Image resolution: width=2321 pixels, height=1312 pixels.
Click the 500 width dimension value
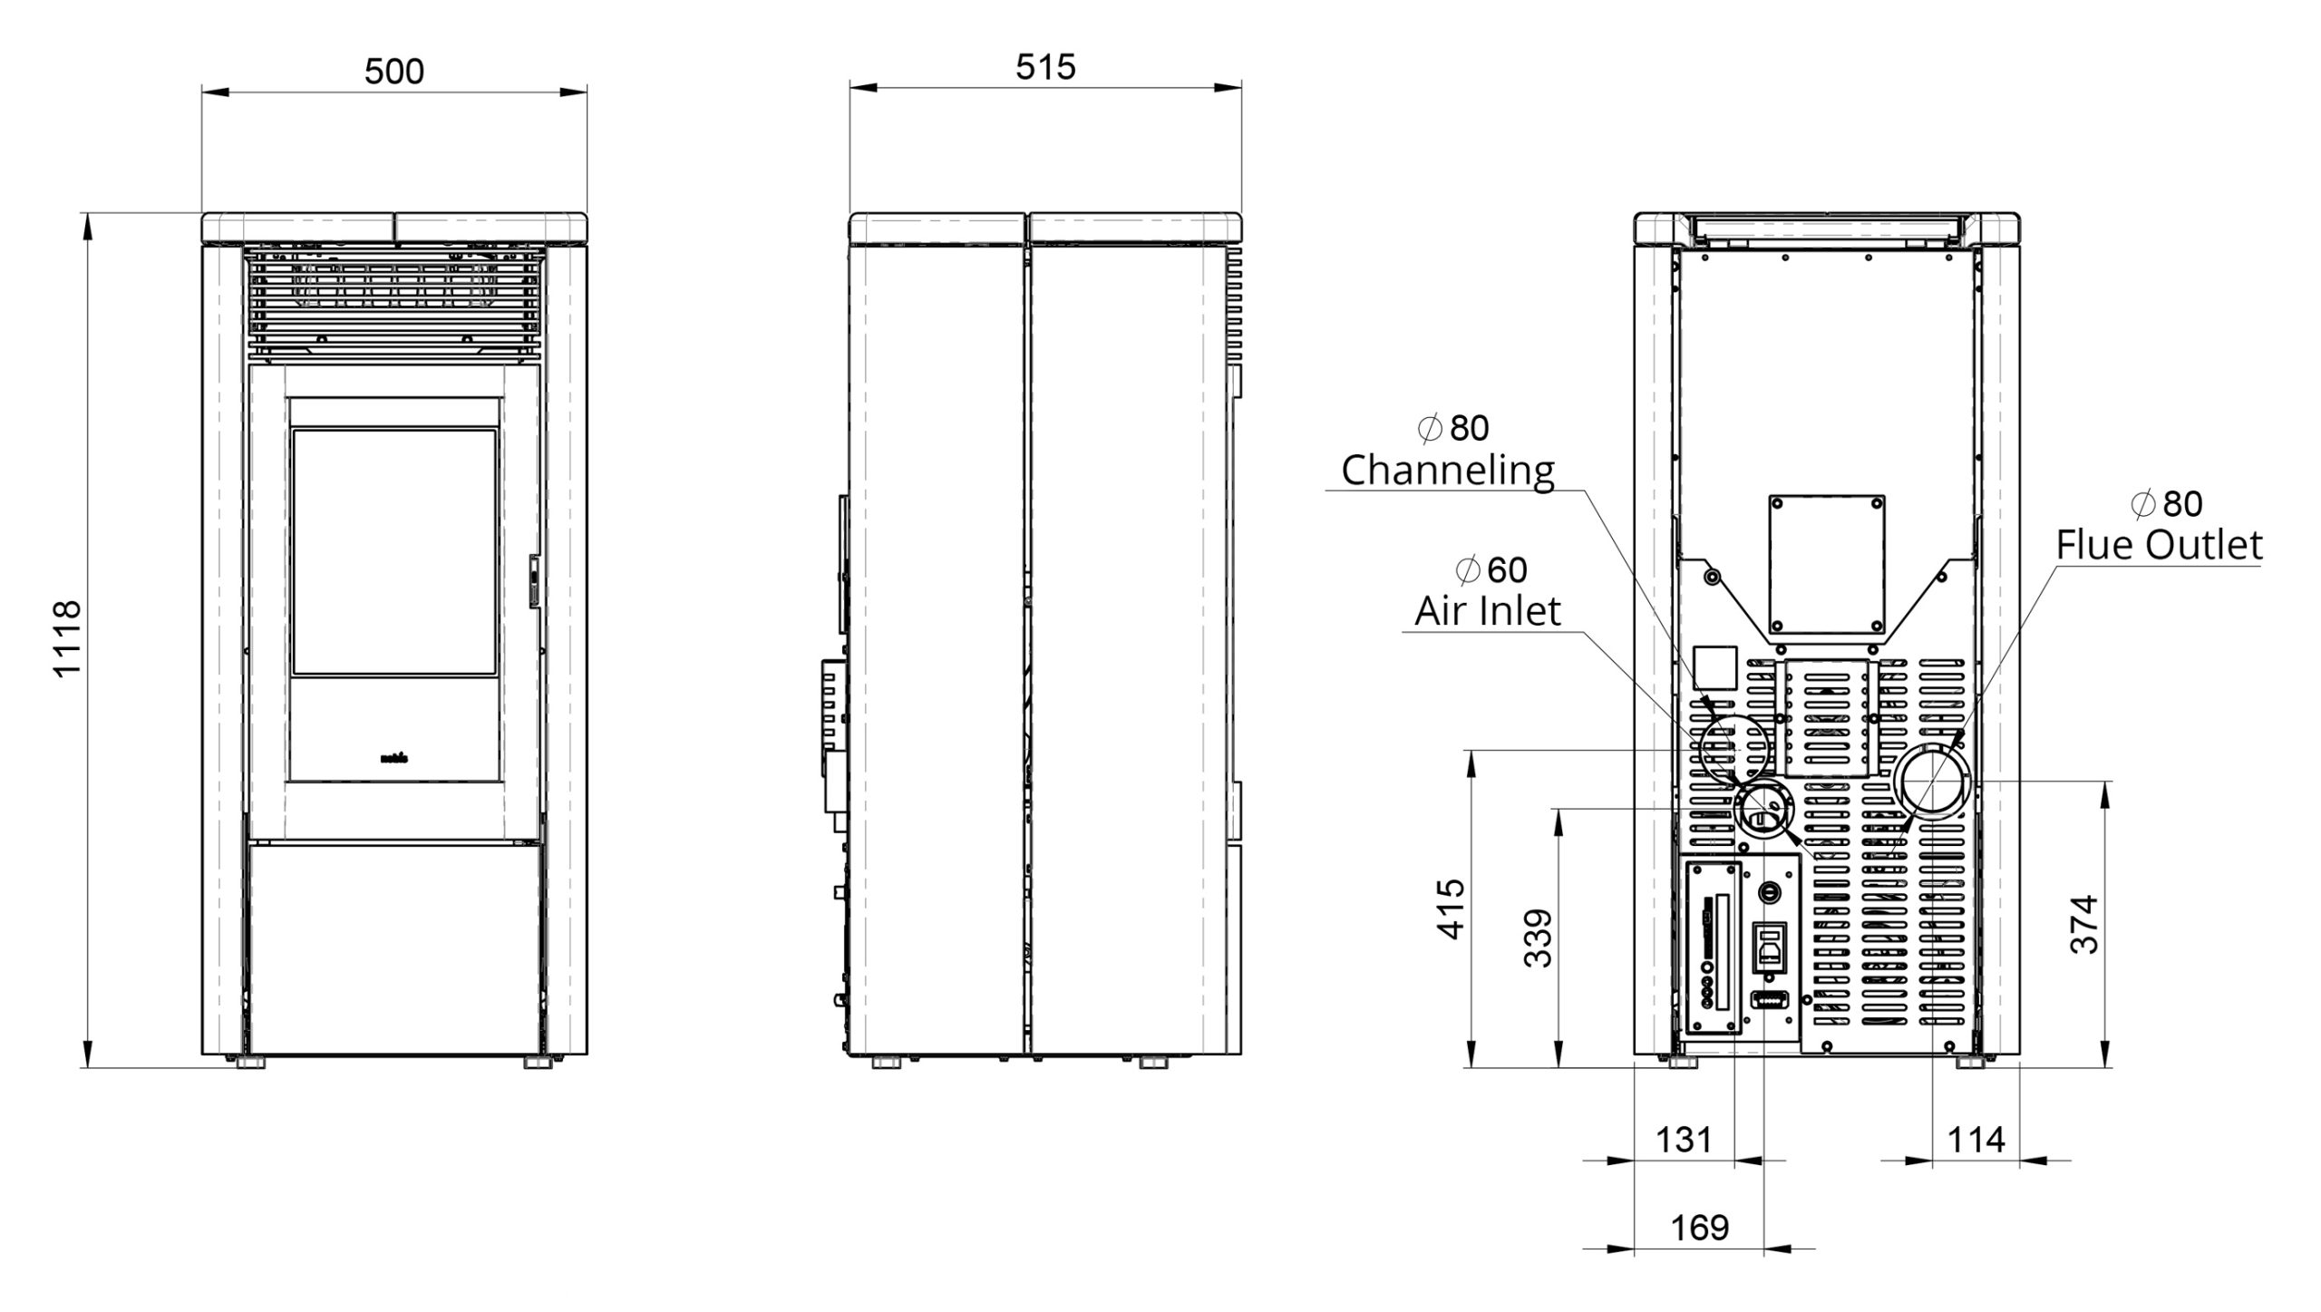tap(394, 71)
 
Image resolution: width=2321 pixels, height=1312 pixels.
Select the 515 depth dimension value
tap(1045, 66)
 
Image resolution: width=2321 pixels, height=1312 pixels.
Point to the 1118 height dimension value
tap(68, 637)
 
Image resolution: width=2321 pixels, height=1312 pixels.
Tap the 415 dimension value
tap(1452, 909)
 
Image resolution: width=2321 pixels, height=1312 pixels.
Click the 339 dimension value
tap(1539, 938)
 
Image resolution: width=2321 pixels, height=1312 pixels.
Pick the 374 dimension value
tap(2084, 924)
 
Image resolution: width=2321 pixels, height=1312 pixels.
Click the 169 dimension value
tap(1699, 1228)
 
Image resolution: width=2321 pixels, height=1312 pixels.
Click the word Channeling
tap(1448, 471)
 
